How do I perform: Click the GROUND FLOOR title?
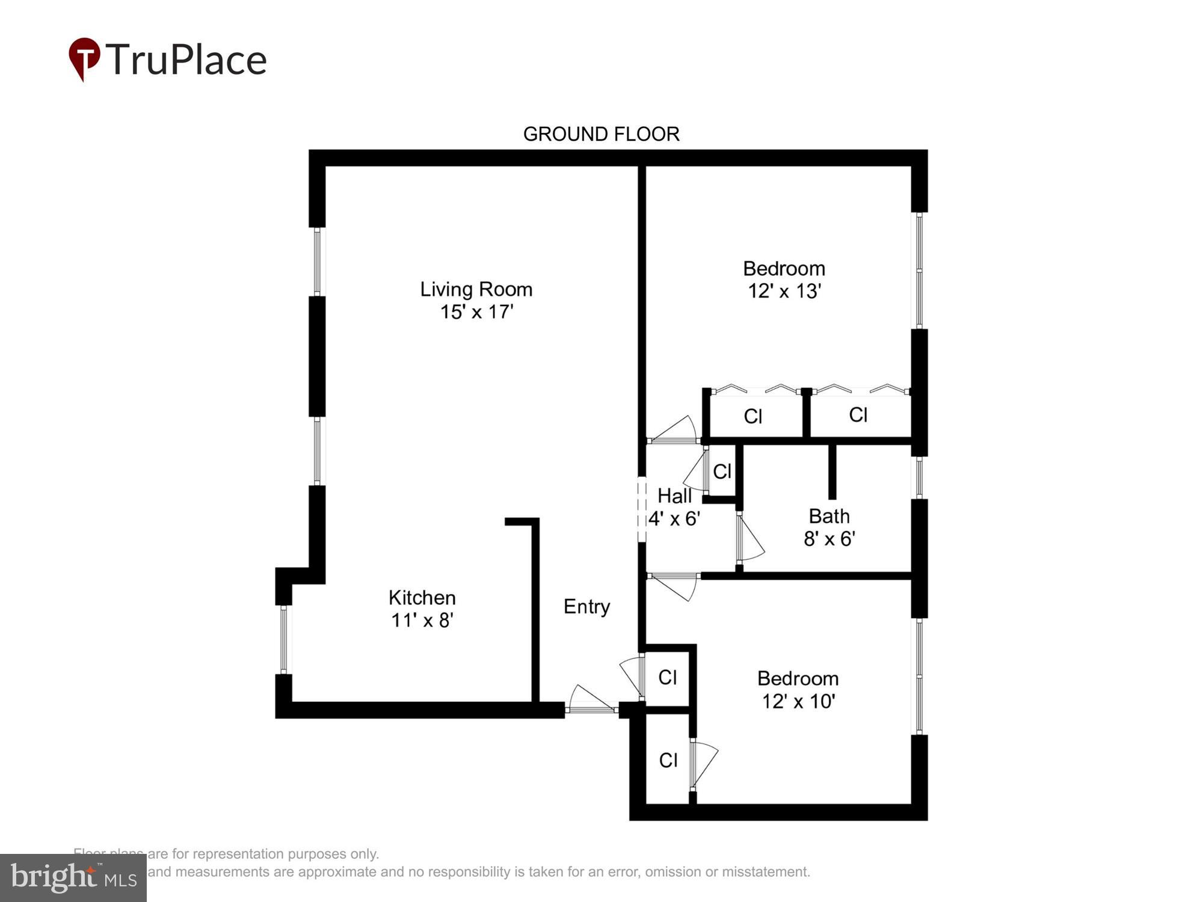pyautogui.click(x=601, y=133)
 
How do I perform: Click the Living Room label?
pyautogui.click(x=476, y=289)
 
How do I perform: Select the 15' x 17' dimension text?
pyautogui.click(x=476, y=312)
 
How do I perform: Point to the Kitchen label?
pyautogui.click(x=422, y=597)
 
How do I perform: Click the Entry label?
pyautogui.click(x=586, y=606)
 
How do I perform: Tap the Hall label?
pyautogui.click(x=674, y=496)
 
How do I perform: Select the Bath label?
pyautogui.click(x=829, y=516)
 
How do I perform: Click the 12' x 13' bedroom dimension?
pyautogui.click(x=784, y=291)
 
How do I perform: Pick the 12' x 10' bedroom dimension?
pyautogui.click(x=798, y=701)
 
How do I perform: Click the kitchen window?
pyautogui.click(x=284, y=639)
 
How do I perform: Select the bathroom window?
pyautogui.click(x=919, y=477)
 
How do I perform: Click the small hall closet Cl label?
pyautogui.click(x=722, y=471)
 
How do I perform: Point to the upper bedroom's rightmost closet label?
pyautogui.click(x=858, y=414)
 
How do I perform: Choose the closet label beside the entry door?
pyautogui.click(x=668, y=678)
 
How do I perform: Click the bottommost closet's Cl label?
pyautogui.click(x=668, y=760)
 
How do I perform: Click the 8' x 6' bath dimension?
pyautogui.click(x=829, y=539)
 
